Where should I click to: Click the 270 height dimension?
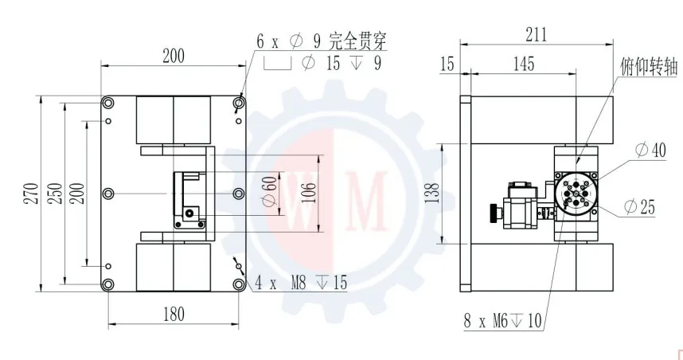pos(29,193)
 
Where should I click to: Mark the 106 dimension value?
pos(311,192)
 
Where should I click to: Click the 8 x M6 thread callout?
pos(502,321)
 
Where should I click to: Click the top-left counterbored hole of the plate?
pos(108,103)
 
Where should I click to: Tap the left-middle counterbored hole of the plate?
pos(108,193)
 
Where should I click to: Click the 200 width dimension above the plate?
pos(173,56)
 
